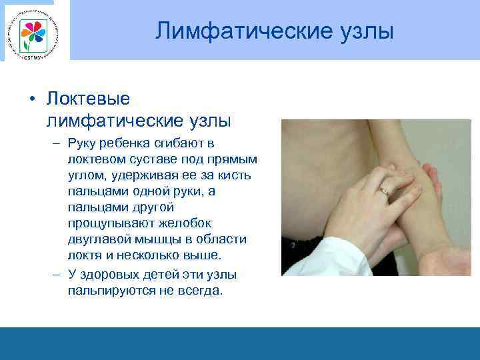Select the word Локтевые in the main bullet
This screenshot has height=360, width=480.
point(88,99)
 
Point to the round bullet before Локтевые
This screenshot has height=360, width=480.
point(32,99)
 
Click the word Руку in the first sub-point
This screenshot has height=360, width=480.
point(83,143)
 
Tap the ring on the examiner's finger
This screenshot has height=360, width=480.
point(384,190)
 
